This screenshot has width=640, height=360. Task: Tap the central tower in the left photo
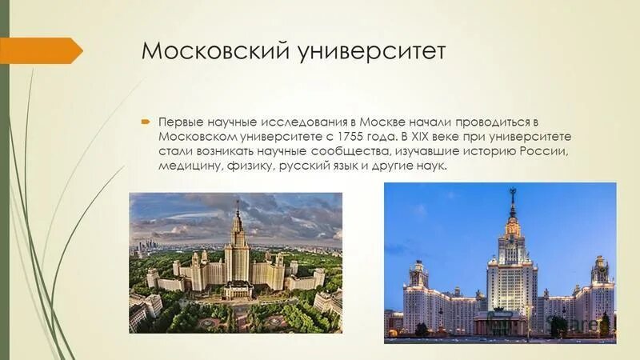238,248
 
